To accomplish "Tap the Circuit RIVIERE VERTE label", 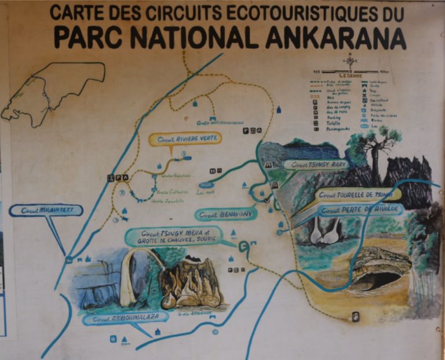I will [177, 139].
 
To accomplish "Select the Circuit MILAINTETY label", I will [46, 210].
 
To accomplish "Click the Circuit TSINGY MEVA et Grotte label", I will [174, 236].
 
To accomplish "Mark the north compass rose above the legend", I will [350, 60].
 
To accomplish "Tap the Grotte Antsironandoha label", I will [220, 123].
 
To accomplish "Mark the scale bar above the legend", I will [350, 71].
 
